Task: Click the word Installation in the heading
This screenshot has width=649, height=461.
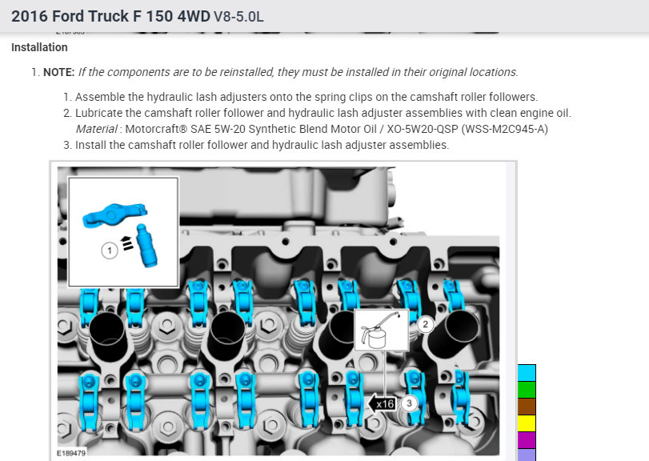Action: click(39, 47)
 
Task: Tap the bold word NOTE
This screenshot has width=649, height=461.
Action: click(58, 72)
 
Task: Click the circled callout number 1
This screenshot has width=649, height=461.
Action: click(110, 251)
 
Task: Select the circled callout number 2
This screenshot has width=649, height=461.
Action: click(426, 324)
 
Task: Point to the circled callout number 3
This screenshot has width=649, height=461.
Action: click(410, 403)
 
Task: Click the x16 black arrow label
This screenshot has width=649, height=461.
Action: click(382, 403)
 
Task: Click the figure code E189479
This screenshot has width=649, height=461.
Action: click(71, 453)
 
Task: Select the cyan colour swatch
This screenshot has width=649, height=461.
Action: click(527, 373)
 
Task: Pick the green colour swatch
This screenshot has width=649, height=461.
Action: click(527, 390)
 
